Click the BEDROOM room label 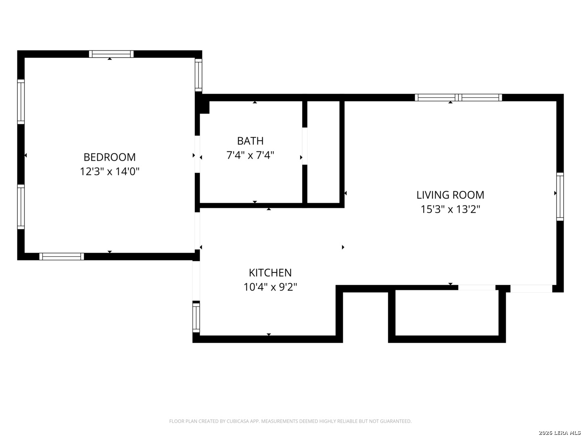pyautogui.click(x=109, y=157)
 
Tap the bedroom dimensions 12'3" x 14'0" pyautogui.click(x=109, y=171)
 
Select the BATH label pyautogui.click(x=250, y=141)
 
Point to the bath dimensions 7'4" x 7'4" pyautogui.click(x=250, y=155)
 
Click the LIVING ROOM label pyautogui.click(x=450, y=195)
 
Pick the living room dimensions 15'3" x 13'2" pyautogui.click(x=450, y=209)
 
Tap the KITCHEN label pyautogui.click(x=270, y=272)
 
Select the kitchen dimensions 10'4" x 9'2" pyautogui.click(x=270, y=287)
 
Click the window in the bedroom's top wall pyautogui.click(x=111, y=54)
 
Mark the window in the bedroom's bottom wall pyautogui.click(x=61, y=256)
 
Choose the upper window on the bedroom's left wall pyautogui.click(x=21, y=102)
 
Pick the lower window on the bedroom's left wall pyautogui.click(x=21, y=207)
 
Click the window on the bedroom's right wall pyautogui.click(x=198, y=75)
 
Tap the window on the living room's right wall pyautogui.click(x=560, y=197)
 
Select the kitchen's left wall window pyautogui.click(x=196, y=318)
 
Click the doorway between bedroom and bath pyautogui.click(x=197, y=154)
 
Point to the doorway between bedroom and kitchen pyautogui.click(x=197, y=231)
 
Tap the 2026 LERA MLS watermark pyautogui.click(x=559, y=432)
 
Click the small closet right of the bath pyautogui.click(x=323, y=152)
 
